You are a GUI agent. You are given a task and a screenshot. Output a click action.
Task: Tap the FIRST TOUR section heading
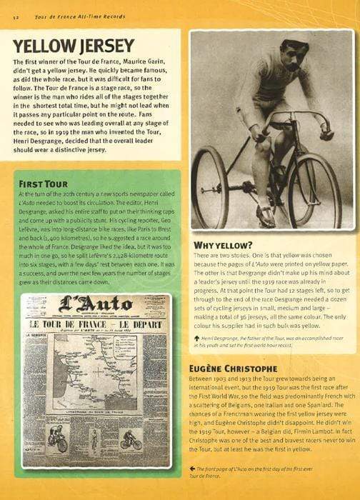point(47,184)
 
